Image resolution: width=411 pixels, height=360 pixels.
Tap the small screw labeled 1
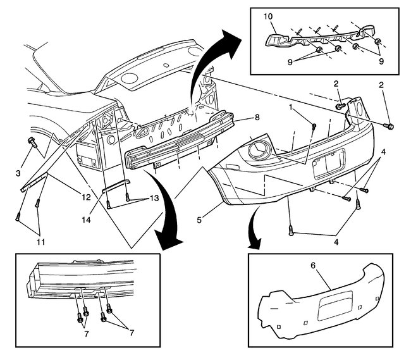click(x=314, y=126)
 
